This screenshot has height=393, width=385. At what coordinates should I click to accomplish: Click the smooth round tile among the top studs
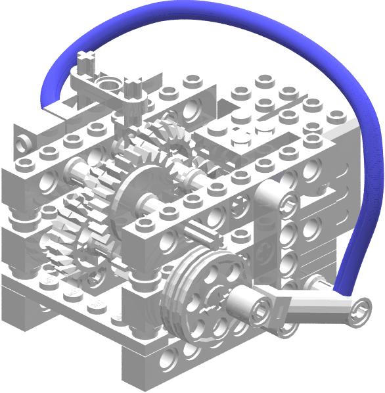tap(241, 138)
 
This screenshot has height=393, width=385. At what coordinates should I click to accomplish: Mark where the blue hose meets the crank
tap(338, 290)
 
